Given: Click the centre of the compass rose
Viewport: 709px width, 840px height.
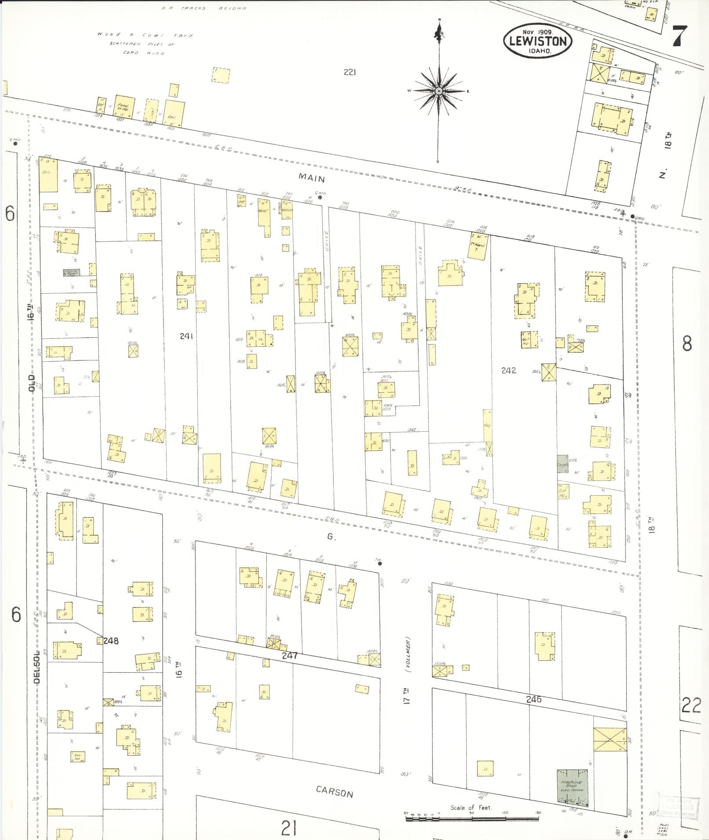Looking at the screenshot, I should click(x=438, y=91).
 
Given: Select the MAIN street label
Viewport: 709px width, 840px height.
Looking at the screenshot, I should click(x=312, y=178).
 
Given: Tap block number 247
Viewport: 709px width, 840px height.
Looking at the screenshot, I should click(x=290, y=656).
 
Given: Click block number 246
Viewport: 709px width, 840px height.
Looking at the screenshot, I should click(x=534, y=699).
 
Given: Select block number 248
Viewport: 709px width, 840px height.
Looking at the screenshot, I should click(x=111, y=641).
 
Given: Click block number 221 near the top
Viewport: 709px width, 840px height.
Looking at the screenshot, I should click(x=349, y=72).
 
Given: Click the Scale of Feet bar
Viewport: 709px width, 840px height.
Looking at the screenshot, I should click(x=473, y=817).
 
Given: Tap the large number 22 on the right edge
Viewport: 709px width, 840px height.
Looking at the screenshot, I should click(x=691, y=706).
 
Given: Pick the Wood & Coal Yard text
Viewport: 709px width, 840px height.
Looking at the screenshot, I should click(x=145, y=35).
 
